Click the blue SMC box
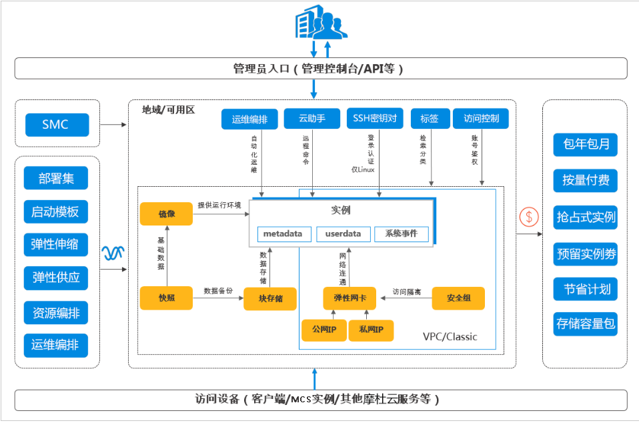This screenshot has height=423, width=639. [x=56, y=124]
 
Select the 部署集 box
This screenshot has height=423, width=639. [x=56, y=179]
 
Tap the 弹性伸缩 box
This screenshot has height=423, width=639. [x=56, y=244]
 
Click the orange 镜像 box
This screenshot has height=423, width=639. [x=166, y=214]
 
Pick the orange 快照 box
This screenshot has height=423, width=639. [x=166, y=298]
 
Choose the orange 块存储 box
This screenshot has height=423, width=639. [x=270, y=298]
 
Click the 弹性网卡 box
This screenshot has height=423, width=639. [x=350, y=298]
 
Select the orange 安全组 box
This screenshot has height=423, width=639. [x=458, y=298]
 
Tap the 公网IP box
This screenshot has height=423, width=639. [x=324, y=330]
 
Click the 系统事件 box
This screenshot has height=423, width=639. [x=401, y=234]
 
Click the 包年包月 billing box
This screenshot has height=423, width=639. [x=586, y=143]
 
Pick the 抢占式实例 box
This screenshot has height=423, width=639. [x=586, y=217]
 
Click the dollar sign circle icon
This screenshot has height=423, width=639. [x=529, y=217]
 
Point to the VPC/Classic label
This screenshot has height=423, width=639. [x=450, y=336]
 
